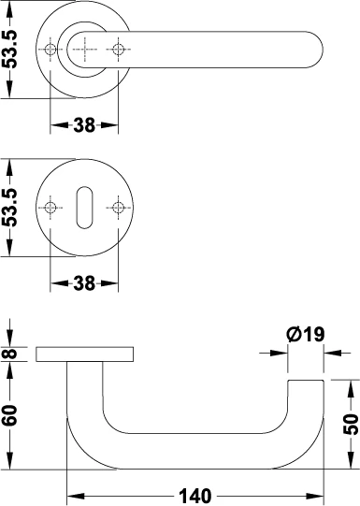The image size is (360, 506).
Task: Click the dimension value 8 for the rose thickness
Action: tap(10, 354)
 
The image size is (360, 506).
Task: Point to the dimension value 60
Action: tap(10, 415)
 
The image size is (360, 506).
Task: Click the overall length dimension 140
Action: tap(195, 495)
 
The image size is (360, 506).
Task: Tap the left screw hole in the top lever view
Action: tap(50, 49)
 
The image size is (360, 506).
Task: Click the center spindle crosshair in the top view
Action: tap(84, 49)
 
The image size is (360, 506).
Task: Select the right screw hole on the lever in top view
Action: tap(118, 49)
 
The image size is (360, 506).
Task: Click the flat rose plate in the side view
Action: tap(84, 354)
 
